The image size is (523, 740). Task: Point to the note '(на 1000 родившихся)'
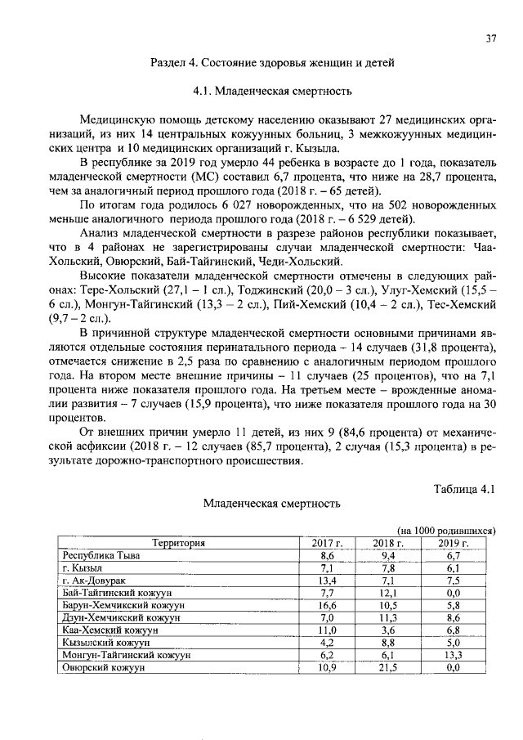coord(446,531)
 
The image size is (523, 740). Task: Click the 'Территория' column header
coord(177,542)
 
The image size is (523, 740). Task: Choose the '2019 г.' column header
coord(454,542)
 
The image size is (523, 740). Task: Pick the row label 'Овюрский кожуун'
coord(104,668)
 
